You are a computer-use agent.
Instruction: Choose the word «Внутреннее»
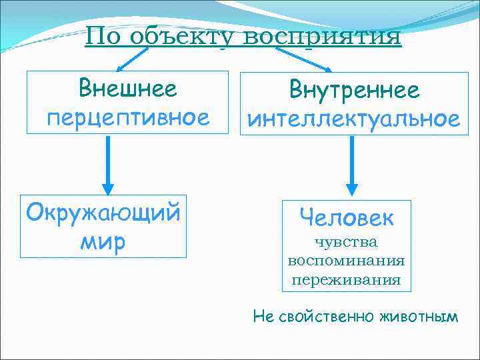353,89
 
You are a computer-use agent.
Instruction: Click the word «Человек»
346,217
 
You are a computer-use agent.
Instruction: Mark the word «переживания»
346,279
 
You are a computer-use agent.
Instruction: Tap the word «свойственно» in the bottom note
327,316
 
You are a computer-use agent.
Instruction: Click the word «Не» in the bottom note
263,316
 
